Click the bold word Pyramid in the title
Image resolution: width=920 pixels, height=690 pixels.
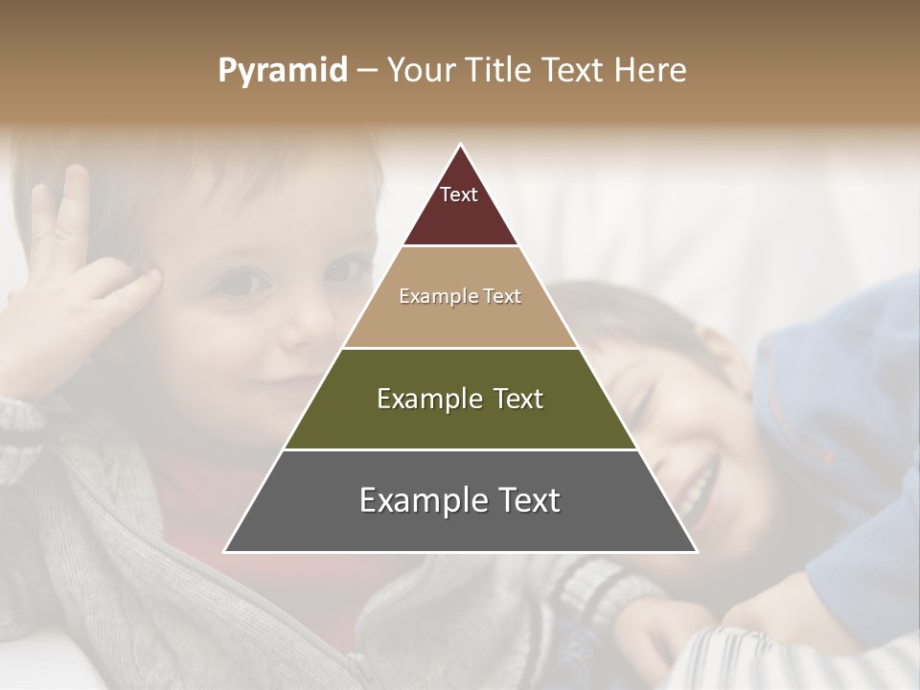pyautogui.click(x=283, y=71)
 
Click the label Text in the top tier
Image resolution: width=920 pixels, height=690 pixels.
pyautogui.click(x=459, y=195)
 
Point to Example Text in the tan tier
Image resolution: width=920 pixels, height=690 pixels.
pyautogui.click(x=460, y=296)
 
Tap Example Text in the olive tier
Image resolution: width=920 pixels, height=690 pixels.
pyautogui.click(x=460, y=399)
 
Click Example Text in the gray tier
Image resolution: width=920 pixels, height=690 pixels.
pyautogui.click(x=460, y=500)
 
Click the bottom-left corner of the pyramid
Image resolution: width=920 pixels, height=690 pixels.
pyautogui.click(x=226, y=551)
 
